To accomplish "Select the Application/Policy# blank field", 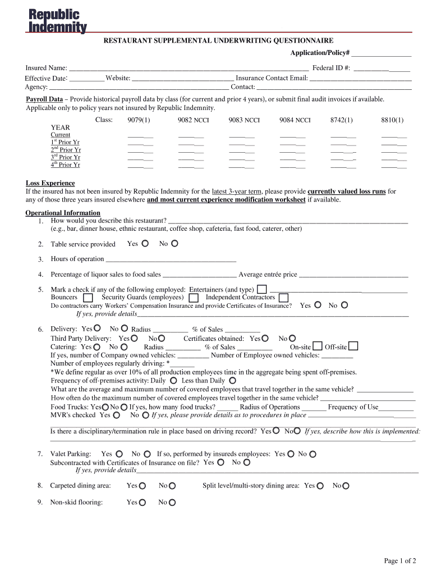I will click(382, 54).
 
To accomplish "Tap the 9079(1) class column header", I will click(139, 120).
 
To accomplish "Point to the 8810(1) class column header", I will click(392, 120).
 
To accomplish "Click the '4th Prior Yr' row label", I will click(66, 165).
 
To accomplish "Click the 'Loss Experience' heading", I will click(50, 184).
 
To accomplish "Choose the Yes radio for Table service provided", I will click(145, 244).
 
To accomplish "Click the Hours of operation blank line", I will click(171, 260).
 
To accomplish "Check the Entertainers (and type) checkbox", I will click(261, 289).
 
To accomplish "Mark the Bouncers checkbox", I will click(88, 298).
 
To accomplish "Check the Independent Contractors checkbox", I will click(283, 298).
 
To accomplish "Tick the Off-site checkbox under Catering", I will click(353, 346).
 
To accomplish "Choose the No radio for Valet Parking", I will click(147, 454).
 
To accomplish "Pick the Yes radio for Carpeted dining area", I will click(143, 486).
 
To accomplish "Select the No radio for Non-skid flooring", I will click(172, 503).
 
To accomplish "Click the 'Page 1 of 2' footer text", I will click(399, 560).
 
